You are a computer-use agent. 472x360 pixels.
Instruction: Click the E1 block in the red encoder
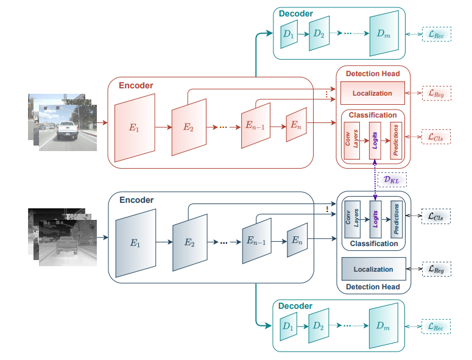point(135,128)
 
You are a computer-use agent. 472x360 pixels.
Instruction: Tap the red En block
point(296,125)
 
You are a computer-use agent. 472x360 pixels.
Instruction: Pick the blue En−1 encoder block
point(256,241)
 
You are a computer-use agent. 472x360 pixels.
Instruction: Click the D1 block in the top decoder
point(287,37)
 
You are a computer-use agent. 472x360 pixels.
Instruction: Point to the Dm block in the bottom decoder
point(383,326)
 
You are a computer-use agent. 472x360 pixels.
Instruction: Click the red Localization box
point(373,93)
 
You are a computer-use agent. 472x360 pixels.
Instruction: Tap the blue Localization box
point(373,269)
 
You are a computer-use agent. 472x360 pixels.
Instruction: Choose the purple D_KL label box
point(392,180)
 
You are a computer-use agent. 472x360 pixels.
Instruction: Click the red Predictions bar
point(396,141)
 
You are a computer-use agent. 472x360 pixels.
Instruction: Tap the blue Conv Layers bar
point(352,219)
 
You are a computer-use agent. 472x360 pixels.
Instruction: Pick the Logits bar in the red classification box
point(375,141)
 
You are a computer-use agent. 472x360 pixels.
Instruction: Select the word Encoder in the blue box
point(136,200)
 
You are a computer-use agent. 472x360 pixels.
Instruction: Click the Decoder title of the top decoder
point(295,13)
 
